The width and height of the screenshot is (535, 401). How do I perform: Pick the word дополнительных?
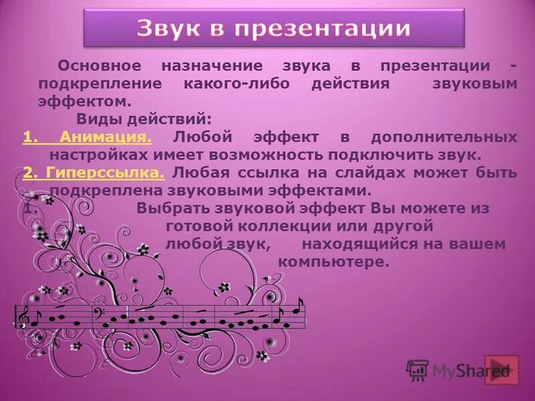tap(455, 138)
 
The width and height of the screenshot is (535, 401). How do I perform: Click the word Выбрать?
tap(172, 208)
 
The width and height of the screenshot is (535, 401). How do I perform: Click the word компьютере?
tap(333, 261)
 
